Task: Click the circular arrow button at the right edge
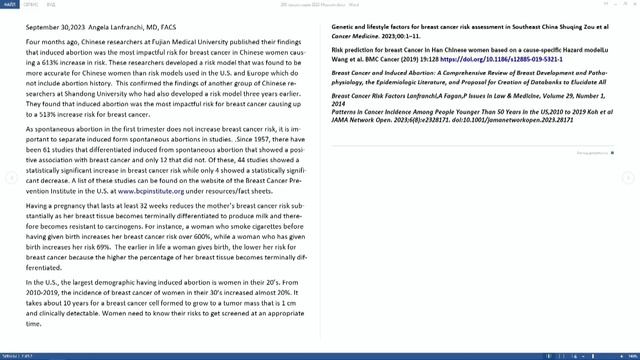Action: pyautogui.click(x=629, y=177)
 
